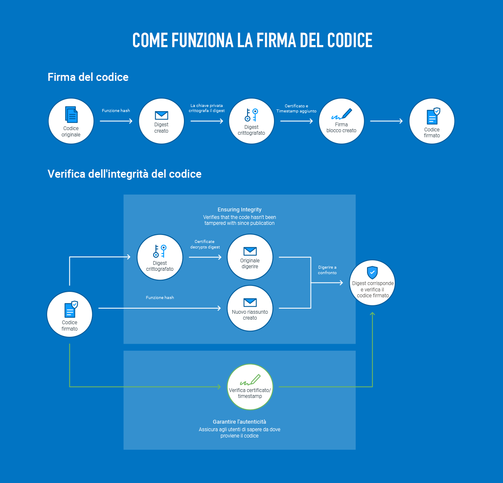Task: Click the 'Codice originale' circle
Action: click(71, 121)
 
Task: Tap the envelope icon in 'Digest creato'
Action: click(161, 115)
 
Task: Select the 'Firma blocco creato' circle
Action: click(341, 121)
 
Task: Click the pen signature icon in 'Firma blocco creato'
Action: click(341, 114)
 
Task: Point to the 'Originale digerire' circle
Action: click(250, 257)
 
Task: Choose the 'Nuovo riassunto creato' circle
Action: click(250, 309)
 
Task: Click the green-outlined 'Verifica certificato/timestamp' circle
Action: click(250, 387)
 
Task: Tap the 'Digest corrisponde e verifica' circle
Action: click(373, 283)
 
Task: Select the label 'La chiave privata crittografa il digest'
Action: click(207, 108)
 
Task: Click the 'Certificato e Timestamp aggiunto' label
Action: click(296, 109)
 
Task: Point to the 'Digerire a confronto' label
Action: click(327, 270)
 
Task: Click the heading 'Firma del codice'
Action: click(88, 77)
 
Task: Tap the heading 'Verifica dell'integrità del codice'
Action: click(125, 174)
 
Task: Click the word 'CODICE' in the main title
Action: click(344, 40)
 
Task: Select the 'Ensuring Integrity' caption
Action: click(240, 210)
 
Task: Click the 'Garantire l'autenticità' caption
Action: click(240, 422)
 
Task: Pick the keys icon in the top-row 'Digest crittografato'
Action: click(251, 115)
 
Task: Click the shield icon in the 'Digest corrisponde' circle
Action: click(373, 272)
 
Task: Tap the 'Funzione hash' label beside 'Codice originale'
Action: click(116, 111)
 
